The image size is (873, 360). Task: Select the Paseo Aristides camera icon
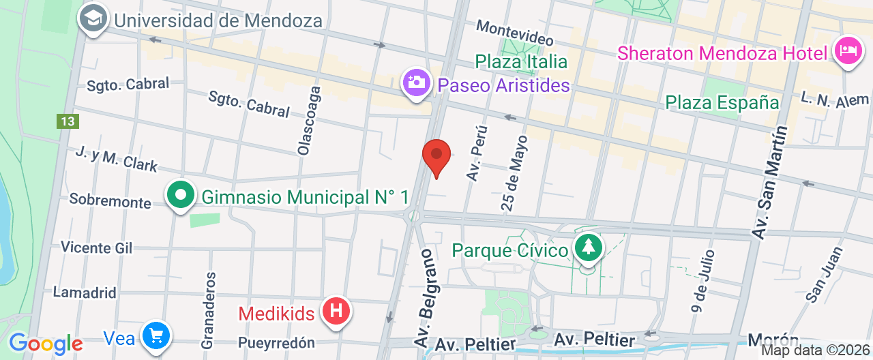[415, 83]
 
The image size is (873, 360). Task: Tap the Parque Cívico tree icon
[587, 247]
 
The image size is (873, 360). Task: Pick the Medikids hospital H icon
[336, 312]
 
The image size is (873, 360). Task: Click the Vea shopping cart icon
[156, 335]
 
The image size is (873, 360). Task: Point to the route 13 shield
[68, 121]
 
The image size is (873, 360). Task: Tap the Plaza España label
[722, 103]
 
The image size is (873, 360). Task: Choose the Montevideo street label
[514, 32]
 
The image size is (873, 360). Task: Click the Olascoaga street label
[308, 120]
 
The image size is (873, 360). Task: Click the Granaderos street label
[209, 301]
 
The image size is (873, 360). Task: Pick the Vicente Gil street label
[97, 247]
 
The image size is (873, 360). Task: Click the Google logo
[46, 343]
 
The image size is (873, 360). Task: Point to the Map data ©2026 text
[816, 350]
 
